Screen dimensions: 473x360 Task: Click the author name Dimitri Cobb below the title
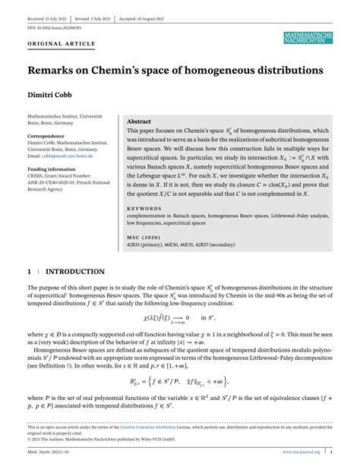click(49, 97)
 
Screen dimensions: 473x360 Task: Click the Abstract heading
click(138, 121)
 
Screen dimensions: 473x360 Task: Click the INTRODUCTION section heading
click(75, 270)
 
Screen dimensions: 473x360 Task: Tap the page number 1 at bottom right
click(330, 453)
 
